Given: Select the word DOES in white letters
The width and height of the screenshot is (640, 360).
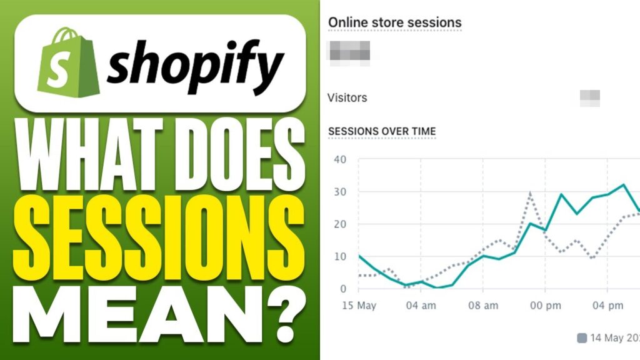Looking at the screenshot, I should coord(234,152).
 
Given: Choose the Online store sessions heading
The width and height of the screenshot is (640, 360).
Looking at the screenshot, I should coord(395,22).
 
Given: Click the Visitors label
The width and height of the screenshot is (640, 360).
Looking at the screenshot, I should coord(347,98).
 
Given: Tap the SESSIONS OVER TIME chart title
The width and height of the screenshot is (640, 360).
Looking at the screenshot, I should coord(382,131).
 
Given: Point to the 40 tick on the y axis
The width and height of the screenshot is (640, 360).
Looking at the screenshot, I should coord(340,159).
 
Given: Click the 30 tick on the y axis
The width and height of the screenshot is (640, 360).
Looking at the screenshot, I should coord(340,191).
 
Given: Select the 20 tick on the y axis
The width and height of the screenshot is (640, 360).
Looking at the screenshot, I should coord(340,224).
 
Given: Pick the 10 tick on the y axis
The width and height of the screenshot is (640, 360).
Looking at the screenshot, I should coord(340,256).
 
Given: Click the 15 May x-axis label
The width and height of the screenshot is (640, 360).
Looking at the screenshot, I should coord(359,306).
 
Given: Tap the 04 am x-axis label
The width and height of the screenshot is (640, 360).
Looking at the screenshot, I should coord(420,306).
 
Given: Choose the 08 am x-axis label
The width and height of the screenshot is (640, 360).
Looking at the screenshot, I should coord(482,306).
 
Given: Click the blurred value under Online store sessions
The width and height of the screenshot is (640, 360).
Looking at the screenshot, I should coord(349,50).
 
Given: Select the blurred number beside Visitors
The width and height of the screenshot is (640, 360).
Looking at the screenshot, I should coord(589,98).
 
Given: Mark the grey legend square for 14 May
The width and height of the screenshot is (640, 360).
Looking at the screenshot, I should coord(581,338).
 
